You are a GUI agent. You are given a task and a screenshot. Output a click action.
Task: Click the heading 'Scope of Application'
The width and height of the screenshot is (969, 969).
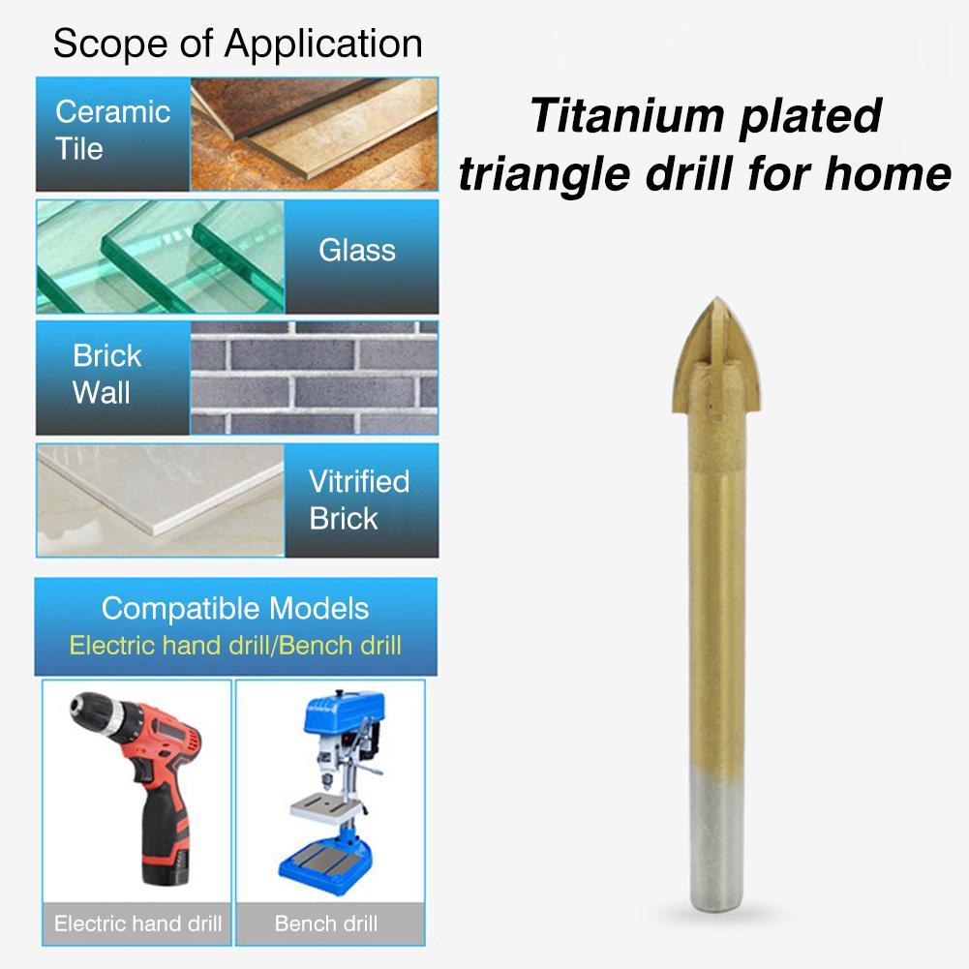click(237, 45)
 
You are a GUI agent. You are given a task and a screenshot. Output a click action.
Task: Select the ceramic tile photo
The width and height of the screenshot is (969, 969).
click(314, 134)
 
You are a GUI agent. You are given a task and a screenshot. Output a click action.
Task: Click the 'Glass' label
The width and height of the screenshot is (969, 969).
click(357, 251)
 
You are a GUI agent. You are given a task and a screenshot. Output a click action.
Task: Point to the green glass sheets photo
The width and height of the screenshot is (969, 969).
click(161, 256)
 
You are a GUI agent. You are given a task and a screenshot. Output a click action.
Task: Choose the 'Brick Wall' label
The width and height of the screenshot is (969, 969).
click(106, 375)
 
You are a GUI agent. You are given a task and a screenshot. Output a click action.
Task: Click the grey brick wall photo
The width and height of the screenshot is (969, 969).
click(314, 378)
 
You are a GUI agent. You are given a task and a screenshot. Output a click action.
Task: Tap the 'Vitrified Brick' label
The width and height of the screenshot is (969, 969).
click(359, 500)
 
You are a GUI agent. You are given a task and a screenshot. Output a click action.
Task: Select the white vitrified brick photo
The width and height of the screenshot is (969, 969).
click(161, 500)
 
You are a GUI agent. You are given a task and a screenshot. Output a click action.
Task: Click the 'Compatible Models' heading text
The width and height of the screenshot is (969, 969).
click(235, 609)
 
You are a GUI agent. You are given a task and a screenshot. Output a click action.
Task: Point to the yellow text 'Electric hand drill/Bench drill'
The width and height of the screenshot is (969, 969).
click(235, 645)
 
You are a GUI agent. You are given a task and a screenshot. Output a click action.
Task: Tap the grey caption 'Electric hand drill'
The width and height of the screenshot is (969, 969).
click(137, 923)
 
